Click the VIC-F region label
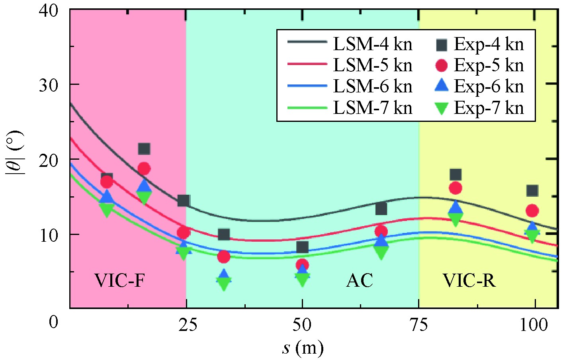119,280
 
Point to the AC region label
360,280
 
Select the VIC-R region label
469,280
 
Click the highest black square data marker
144,149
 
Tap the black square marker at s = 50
302,247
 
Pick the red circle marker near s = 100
532,211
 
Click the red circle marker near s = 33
224,257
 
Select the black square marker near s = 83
456,174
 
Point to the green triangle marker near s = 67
381,252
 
